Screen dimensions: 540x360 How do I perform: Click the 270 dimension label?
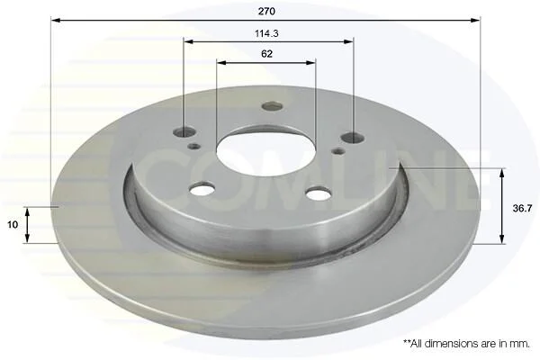click(266, 12)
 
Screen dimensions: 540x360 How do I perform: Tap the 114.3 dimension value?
click(266, 33)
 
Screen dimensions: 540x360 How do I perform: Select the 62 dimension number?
click(266, 54)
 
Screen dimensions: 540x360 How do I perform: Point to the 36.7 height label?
click(522, 208)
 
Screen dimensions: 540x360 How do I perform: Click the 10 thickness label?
click(13, 225)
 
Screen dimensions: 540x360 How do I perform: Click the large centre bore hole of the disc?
click(265, 151)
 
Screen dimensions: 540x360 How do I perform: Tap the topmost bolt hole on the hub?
click(272, 106)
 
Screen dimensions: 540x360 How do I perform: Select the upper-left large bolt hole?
click(184, 132)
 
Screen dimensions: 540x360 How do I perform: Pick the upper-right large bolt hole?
click(352, 138)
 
